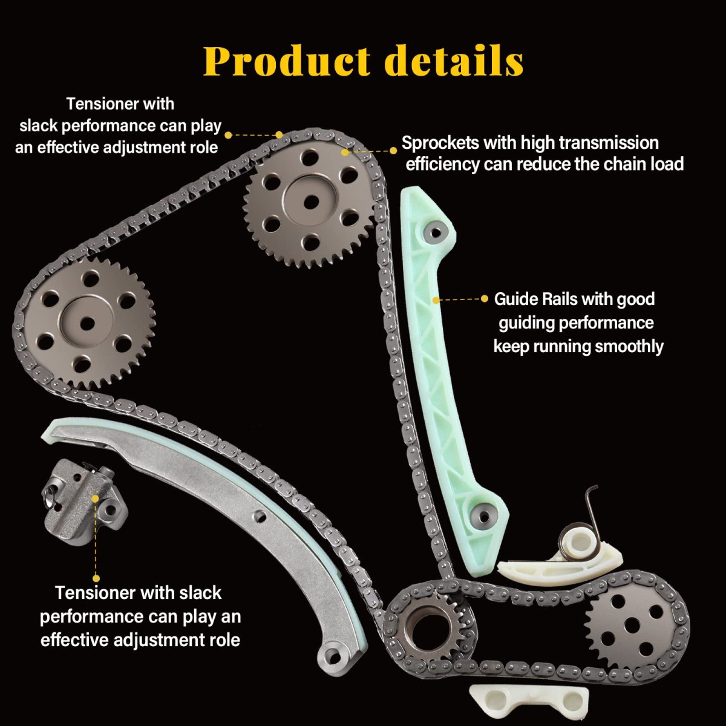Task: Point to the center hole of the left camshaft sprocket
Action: click(87, 323)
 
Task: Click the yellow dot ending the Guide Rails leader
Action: click(485, 299)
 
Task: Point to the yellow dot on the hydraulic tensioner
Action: click(95, 498)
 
